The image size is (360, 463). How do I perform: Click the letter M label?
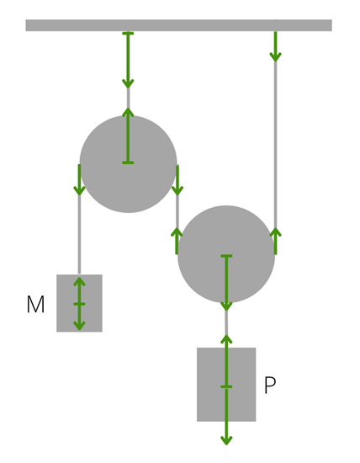click(35, 304)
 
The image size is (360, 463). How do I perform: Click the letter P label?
click(270, 385)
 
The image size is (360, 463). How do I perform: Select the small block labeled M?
click(79, 303)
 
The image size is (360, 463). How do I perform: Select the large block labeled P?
click(226, 385)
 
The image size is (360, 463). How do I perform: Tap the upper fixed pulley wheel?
click(128, 164)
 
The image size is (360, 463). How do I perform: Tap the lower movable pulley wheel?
click(226, 254)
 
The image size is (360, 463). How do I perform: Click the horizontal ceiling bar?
click(178, 25)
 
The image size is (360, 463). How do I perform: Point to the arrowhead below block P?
click(226, 440)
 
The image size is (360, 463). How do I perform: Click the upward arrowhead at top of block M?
click(79, 281)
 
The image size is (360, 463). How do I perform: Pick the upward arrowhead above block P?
click(226, 339)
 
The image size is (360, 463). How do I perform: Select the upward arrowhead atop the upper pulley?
click(128, 112)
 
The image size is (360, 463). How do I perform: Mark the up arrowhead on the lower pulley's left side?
click(177, 232)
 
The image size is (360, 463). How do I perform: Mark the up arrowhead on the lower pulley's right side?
click(276, 232)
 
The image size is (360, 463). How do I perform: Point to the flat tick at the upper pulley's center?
click(128, 162)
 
